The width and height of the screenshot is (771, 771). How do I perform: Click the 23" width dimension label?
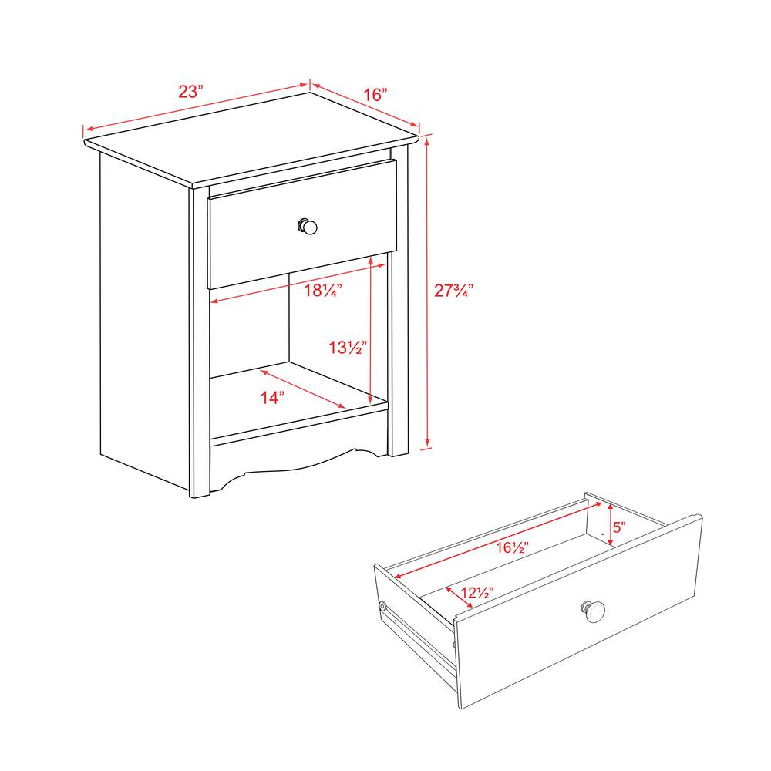(190, 92)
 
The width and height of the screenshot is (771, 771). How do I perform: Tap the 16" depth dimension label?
(375, 94)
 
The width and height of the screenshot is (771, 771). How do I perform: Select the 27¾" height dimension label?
(453, 290)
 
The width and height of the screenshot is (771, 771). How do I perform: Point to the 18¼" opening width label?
(322, 290)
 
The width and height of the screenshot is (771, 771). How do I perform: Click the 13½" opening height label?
(348, 348)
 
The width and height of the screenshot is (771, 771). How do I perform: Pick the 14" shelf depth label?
(272, 397)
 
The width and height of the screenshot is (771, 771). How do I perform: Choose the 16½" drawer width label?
(512, 547)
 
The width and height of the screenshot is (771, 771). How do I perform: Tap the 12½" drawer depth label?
(477, 592)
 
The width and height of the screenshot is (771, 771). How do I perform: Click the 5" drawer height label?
(619, 527)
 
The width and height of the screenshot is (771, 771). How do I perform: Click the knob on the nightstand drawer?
(308, 227)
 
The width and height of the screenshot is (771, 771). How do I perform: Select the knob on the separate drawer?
(594, 611)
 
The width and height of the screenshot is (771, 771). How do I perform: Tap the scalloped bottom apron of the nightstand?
(298, 462)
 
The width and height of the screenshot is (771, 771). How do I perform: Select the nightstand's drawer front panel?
(302, 224)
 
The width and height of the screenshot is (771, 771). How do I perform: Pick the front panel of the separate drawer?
(578, 611)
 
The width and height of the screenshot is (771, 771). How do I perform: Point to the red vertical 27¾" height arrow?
(427, 291)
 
